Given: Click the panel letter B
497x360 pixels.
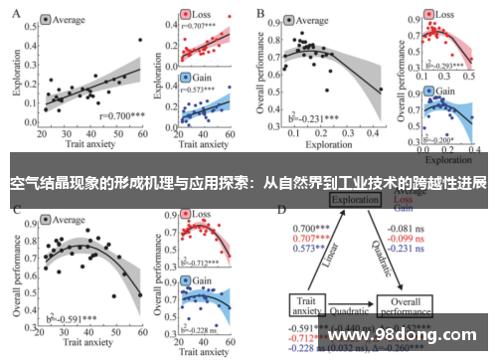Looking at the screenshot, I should (x=260, y=14).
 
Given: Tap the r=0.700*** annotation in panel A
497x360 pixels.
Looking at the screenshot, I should (x=121, y=116).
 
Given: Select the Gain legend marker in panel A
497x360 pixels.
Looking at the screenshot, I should (x=186, y=78).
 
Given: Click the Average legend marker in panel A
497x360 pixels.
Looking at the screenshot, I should (x=47, y=20).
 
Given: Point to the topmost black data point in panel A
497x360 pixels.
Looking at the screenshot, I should (x=140, y=40).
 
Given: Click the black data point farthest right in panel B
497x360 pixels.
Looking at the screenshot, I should (x=379, y=90).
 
